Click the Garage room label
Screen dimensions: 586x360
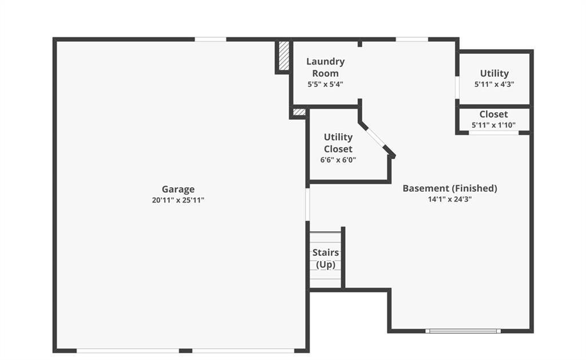point(178,189)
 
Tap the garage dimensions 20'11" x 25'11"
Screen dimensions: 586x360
point(178,200)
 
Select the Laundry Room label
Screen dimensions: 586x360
point(326,68)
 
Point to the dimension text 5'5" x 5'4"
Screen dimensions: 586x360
point(325,84)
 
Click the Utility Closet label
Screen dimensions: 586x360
point(338,143)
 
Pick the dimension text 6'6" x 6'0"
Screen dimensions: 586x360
point(338,160)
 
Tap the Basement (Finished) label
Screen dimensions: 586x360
point(450,188)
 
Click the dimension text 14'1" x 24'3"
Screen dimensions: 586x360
point(450,199)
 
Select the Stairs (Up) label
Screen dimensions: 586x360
point(326,258)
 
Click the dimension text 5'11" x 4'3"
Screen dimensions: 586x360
point(494,84)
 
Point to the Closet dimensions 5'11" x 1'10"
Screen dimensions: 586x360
point(493,125)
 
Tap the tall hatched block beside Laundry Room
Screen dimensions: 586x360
point(284,56)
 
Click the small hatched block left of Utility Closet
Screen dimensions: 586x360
point(299,112)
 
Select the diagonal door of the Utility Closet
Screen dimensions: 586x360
point(376,139)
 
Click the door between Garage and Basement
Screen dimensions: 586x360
point(307,204)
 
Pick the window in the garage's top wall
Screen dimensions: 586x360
point(211,39)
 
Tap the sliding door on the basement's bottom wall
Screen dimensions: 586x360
point(463,331)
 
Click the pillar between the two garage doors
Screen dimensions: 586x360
point(185,351)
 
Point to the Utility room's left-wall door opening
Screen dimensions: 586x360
point(457,88)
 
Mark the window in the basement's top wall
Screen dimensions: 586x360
point(412,39)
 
